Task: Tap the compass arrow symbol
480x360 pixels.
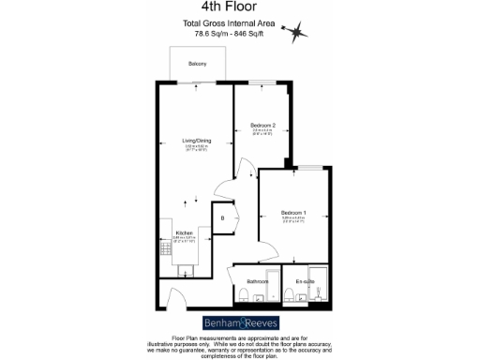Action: pyautogui.click(x=299, y=32)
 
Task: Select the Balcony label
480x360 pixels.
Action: pyautogui.click(x=197, y=64)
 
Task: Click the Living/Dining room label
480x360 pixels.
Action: pyautogui.click(x=197, y=141)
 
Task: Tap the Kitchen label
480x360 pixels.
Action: pyautogui.click(x=184, y=232)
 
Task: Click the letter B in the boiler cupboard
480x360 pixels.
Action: pyautogui.click(x=222, y=218)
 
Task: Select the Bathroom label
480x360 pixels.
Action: pyautogui.click(x=258, y=281)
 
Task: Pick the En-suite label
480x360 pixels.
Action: pyautogui.click(x=305, y=281)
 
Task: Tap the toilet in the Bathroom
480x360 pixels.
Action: pyautogui.click(x=243, y=296)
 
